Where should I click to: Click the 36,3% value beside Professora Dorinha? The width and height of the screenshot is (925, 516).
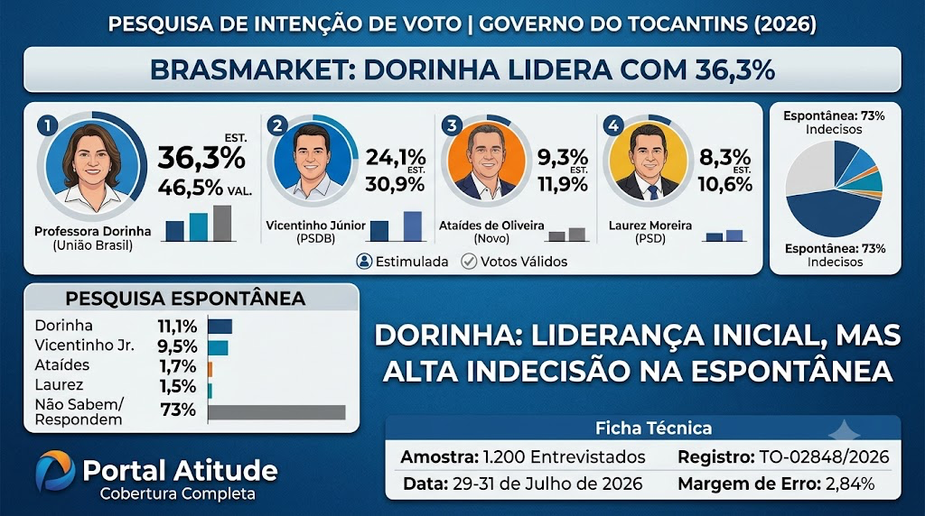tap(201, 158)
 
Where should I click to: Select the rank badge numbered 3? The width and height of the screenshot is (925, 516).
tap(452, 124)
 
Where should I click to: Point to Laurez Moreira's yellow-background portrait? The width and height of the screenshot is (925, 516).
tap(649, 161)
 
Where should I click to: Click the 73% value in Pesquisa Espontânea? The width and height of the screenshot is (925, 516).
tap(178, 410)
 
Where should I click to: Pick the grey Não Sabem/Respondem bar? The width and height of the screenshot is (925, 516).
tap(276, 412)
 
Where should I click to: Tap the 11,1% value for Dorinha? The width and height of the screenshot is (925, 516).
tap(177, 326)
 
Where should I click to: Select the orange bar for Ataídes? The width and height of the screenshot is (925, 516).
tap(210, 369)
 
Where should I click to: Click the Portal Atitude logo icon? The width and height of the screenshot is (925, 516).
tap(55, 471)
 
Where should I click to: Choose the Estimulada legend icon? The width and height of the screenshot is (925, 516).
tap(364, 261)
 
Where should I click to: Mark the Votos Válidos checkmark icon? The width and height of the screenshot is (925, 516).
tap(469, 261)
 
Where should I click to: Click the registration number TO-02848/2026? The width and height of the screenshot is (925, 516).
tap(824, 456)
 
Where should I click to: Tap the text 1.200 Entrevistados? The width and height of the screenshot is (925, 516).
tap(564, 456)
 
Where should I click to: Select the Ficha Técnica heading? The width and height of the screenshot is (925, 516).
tap(653, 428)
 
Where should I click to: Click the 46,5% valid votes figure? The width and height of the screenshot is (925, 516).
tap(190, 188)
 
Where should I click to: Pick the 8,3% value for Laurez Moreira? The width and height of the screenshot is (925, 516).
tap(724, 157)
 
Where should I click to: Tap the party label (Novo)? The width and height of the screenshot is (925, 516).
tap(491, 238)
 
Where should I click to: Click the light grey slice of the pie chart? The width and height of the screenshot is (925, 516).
tap(809, 167)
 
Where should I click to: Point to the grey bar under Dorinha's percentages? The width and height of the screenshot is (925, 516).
tap(222, 223)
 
